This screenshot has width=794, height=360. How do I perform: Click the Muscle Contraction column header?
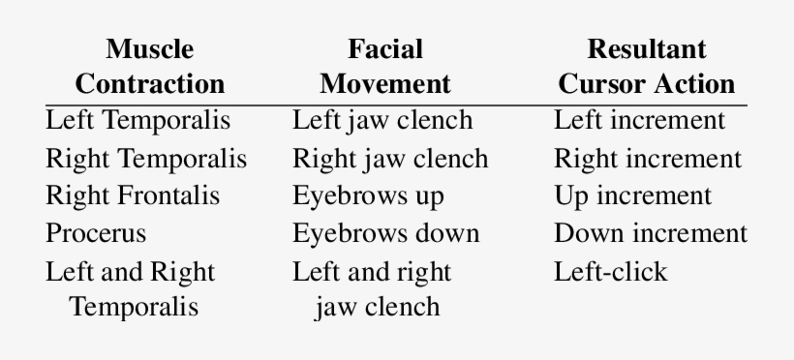coord(149,66)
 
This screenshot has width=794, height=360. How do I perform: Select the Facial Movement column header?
coord(385,66)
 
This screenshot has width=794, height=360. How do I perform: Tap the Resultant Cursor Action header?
coord(646,66)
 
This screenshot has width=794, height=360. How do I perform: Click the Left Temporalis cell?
coord(138,121)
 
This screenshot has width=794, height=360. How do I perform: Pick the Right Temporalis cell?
coord(146,159)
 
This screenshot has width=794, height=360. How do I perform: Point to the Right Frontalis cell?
coord(133,195)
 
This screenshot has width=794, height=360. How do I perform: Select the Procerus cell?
coord(96,233)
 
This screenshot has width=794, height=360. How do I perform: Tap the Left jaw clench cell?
coord(382,121)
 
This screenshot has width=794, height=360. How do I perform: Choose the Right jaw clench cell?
coord(390,159)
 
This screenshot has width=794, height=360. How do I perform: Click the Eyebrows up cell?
coord(368,195)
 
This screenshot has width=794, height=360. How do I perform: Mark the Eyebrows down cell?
coord(385,233)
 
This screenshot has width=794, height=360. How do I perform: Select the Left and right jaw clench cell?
coord(374,288)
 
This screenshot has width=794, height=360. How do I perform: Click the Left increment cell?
coord(639,121)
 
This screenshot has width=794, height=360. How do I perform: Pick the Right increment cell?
coord(648,159)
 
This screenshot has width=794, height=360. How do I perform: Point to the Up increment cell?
coord(632,195)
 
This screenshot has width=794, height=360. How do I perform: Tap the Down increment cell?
coord(651,233)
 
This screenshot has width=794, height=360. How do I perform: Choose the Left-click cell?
coord(610,271)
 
